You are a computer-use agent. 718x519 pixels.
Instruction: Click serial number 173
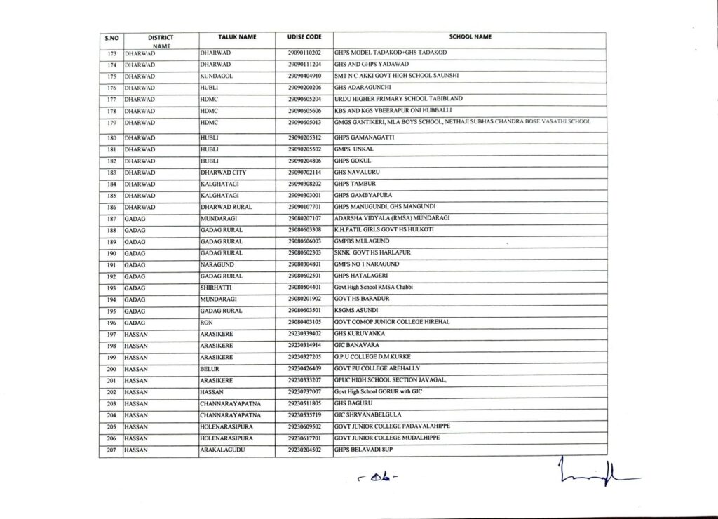(x=111, y=53)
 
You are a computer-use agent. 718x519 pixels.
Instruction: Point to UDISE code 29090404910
(x=304, y=76)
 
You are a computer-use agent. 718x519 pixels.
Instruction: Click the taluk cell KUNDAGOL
(x=216, y=76)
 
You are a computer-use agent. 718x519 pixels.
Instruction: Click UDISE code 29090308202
(x=304, y=184)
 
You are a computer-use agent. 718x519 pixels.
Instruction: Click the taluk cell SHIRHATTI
(x=217, y=287)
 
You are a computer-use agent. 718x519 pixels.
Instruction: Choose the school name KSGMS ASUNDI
(x=358, y=310)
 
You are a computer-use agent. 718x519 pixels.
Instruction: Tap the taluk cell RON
(x=207, y=321)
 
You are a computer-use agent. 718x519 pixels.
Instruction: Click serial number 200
(x=111, y=368)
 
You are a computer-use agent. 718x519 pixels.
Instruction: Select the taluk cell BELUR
(x=211, y=368)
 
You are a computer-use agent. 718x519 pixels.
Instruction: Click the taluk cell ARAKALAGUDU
(x=222, y=448)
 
